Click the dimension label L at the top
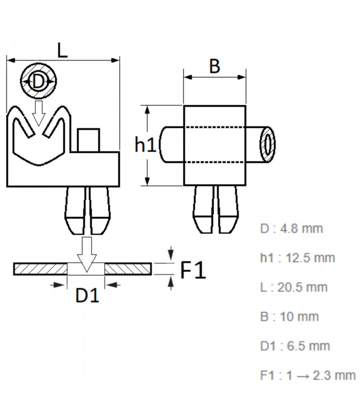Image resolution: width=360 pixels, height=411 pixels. (62, 50)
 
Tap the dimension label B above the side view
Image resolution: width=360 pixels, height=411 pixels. (214, 66)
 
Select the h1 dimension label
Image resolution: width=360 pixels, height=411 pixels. (145, 145)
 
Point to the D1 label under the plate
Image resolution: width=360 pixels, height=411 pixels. (87, 296)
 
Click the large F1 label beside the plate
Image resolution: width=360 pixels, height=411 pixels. (193, 269)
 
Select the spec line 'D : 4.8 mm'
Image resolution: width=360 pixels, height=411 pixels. (291, 228)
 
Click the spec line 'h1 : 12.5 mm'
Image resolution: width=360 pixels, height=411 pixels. (297, 257)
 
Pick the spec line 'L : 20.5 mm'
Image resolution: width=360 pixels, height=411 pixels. (293, 287)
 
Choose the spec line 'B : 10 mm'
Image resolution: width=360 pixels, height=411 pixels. (289, 316)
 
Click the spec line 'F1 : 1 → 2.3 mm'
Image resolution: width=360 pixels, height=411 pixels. (308, 375)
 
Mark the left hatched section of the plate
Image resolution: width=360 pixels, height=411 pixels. (41, 269)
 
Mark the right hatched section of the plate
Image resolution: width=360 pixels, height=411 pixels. (128, 269)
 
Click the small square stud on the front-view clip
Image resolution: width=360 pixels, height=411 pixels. (88, 140)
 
